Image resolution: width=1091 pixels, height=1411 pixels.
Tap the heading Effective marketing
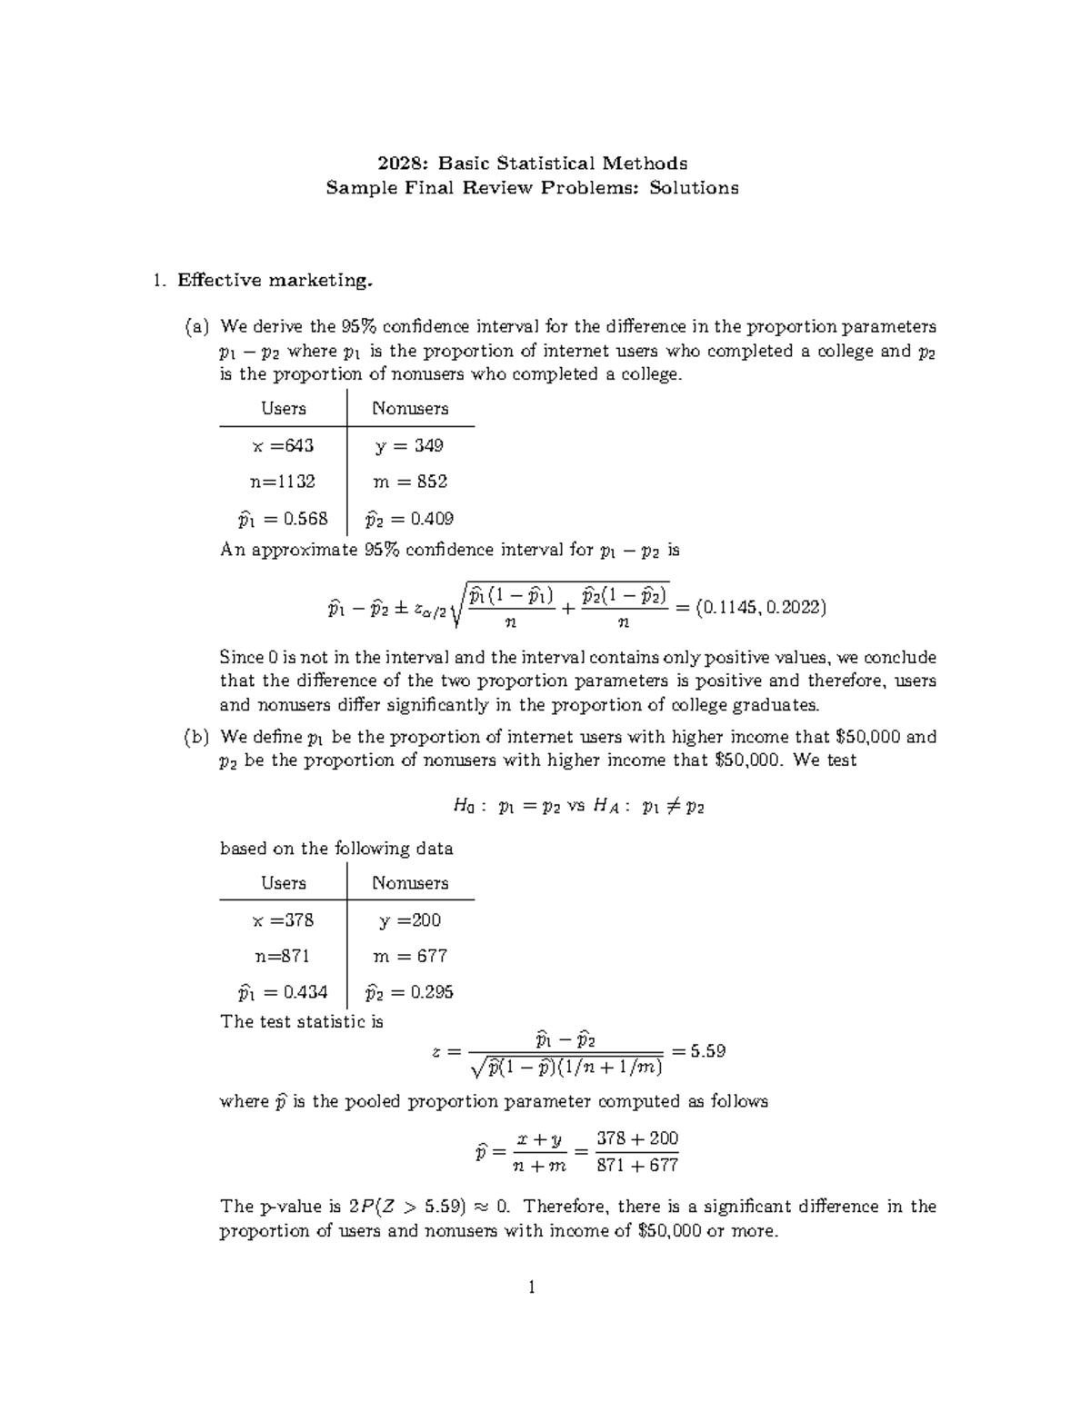(x=275, y=281)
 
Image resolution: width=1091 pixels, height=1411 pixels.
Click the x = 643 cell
(x=283, y=445)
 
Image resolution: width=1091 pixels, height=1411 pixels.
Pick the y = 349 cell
(x=410, y=445)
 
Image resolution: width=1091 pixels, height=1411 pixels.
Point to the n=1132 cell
(x=283, y=482)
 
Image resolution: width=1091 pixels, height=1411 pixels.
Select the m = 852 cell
(x=410, y=482)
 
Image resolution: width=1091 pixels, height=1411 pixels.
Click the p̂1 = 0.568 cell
(x=283, y=519)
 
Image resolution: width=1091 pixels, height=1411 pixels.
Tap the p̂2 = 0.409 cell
(x=410, y=519)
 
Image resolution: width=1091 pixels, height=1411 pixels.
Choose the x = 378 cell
(x=283, y=919)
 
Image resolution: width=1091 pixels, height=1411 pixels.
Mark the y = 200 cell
(x=410, y=919)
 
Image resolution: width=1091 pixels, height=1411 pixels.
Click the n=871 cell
(x=283, y=956)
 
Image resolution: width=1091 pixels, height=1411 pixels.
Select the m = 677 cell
(x=410, y=956)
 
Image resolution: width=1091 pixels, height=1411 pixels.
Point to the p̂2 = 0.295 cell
(x=410, y=992)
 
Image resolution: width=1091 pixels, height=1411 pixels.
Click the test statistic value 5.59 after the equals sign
(x=707, y=1051)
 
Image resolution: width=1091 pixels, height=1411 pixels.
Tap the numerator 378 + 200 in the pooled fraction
(x=637, y=1138)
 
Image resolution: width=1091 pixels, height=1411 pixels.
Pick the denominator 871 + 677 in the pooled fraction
(x=637, y=1166)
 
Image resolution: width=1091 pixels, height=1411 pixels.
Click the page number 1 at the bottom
(x=532, y=1287)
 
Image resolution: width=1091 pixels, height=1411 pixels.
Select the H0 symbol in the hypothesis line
(x=462, y=805)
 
